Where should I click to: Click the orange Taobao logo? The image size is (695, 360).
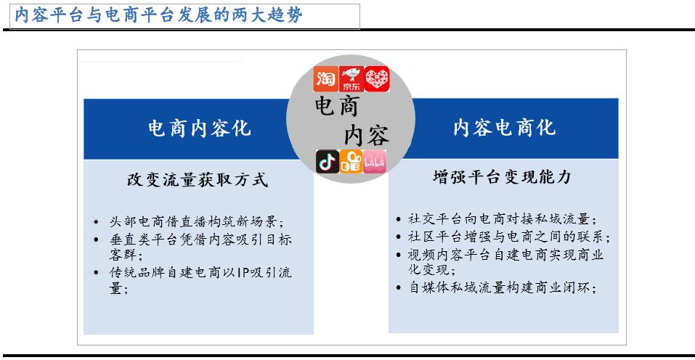[325, 79]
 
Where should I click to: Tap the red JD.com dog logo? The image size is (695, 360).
[351, 80]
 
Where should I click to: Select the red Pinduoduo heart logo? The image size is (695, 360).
[376, 79]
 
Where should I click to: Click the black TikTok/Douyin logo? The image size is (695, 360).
[328, 162]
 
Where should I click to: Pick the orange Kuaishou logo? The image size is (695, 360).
[351, 162]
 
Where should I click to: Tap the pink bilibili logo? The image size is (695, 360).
[374, 162]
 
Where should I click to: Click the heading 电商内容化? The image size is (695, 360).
[199, 128]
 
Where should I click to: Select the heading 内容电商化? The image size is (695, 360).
[503, 128]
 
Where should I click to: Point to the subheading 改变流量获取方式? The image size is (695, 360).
[198, 180]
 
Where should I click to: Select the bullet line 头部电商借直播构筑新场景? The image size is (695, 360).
[196, 222]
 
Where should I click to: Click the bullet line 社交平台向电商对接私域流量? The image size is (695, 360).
[502, 219]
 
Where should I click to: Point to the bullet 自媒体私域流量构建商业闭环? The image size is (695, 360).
[502, 288]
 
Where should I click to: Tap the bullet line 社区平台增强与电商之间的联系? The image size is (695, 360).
[508, 237]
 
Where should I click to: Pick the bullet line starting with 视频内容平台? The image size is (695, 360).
[506, 255]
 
